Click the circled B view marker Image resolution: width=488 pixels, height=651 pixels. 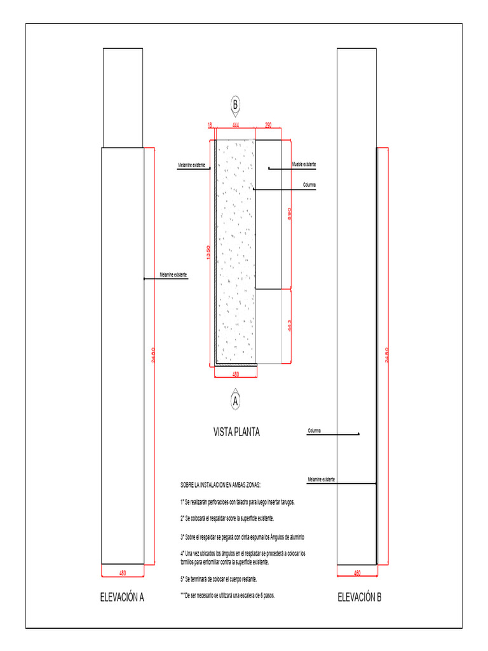click(235, 105)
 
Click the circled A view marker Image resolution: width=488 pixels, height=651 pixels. click(236, 402)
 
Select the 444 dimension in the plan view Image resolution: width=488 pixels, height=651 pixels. click(236, 126)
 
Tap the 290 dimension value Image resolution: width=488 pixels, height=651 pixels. click(268, 126)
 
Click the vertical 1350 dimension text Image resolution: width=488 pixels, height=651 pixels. click(207, 252)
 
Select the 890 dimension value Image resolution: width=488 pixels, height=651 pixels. click(289, 214)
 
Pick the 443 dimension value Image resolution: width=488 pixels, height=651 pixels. click(289, 326)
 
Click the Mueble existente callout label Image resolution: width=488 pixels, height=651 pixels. click(304, 165)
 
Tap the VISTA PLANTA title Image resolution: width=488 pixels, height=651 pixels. click(236, 433)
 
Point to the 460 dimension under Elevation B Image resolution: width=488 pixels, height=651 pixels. click(357, 573)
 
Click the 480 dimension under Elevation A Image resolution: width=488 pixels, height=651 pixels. click(123, 573)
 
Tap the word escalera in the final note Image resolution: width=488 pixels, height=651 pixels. click(248, 595)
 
